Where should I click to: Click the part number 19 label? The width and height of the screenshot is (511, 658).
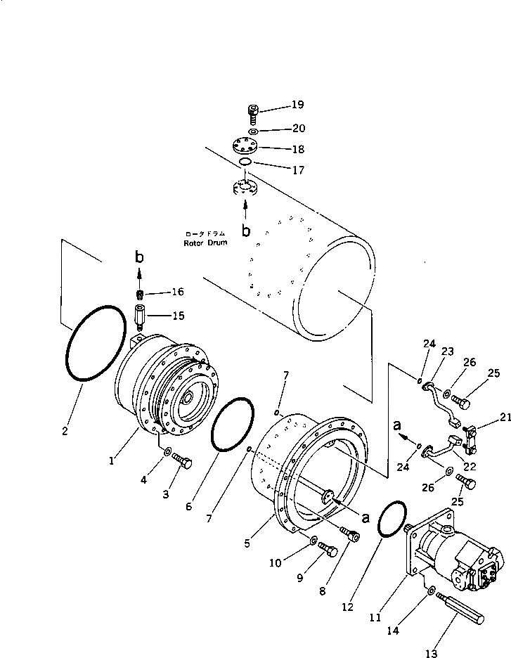[x=297, y=105]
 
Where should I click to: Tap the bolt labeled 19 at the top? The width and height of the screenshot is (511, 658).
[x=254, y=112]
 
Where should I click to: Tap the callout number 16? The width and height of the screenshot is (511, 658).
[x=177, y=292]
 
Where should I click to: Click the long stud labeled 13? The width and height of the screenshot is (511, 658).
[x=461, y=605]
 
